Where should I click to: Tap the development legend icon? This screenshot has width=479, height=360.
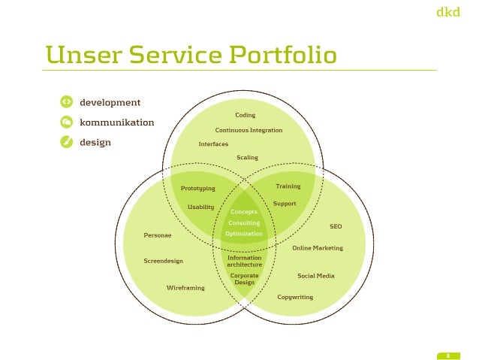point(66,102)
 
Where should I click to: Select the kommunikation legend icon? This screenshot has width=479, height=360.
point(66,122)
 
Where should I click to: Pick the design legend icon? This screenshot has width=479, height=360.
point(66,142)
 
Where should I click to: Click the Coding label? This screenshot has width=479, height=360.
point(246,115)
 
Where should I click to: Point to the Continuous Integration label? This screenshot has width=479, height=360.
point(249,130)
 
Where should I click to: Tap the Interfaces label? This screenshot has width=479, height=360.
point(213,144)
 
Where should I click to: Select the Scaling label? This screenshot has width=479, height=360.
point(247,158)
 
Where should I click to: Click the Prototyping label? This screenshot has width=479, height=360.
point(198,188)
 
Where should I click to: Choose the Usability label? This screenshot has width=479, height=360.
point(200,207)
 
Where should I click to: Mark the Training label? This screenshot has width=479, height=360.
point(288,186)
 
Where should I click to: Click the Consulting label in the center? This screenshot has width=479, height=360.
point(244,223)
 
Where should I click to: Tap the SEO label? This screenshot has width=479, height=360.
point(336,225)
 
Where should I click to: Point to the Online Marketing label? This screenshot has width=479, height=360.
point(318,248)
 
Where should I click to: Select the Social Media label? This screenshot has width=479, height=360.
point(316,276)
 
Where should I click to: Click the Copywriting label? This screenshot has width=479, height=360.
point(295,297)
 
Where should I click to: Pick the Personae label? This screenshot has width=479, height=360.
point(158,235)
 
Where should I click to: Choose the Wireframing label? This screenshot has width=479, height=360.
point(185,287)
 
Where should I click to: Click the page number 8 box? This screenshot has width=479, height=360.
point(447,355)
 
